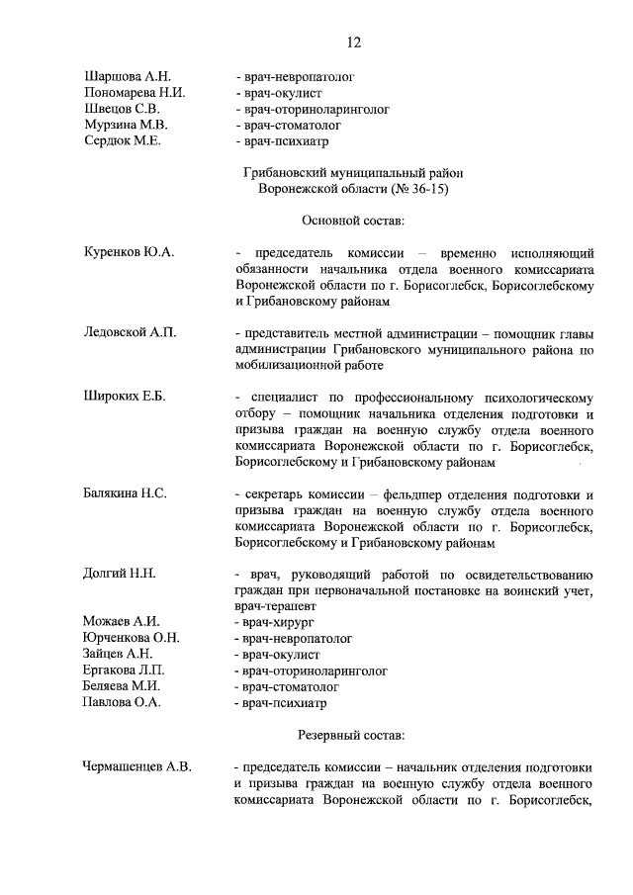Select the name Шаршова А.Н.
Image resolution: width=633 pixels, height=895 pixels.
click(x=129, y=75)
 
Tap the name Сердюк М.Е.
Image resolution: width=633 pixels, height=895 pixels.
click(x=124, y=141)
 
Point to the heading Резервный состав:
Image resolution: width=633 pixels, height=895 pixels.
click(x=352, y=735)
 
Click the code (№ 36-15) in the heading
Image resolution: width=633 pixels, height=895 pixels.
click(x=411, y=188)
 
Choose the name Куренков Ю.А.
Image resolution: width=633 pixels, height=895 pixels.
click(x=130, y=252)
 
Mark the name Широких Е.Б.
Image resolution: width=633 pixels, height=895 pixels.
click(x=125, y=397)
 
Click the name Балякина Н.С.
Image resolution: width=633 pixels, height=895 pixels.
click(x=126, y=492)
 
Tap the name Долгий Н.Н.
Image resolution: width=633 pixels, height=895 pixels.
click(x=121, y=573)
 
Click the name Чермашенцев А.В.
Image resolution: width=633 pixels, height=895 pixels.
click(x=138, y=766)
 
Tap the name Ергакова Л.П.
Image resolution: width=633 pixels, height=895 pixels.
click(x=126, y=671)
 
